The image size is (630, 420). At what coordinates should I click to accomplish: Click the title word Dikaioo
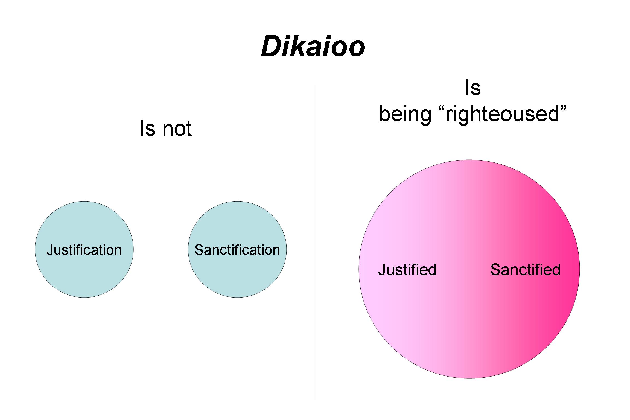(313, 46)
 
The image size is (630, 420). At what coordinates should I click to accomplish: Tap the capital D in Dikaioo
(271, 46)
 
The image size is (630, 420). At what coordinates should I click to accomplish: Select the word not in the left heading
(177, 128)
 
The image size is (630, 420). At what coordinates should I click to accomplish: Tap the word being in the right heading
(405, 114)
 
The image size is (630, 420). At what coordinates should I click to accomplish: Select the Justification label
(84, 250)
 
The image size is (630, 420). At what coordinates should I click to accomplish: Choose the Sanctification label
(237, 250)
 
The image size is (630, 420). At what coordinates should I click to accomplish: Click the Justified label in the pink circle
(407, 270)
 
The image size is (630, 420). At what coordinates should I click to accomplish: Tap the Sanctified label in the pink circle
(525, 270)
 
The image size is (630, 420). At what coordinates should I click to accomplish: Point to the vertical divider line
(315, 243)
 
